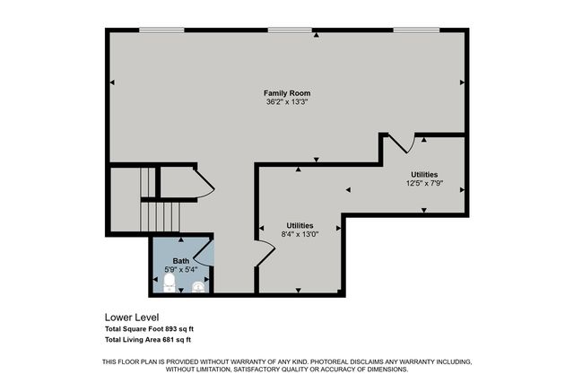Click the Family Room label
click(x=287, y=93)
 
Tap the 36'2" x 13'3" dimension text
click(x=287, y=102)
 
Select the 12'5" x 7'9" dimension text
click(x=424, y=183)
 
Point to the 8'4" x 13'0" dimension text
click(x=300, y=234)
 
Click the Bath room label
click(x=181, y=260)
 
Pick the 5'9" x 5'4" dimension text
click(x=181, y=269)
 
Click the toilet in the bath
click(x=169, y=283)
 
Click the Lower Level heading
click(x=133, y=318)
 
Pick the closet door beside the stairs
click(x=204, y=187)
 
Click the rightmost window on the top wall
click(x=413, y=31)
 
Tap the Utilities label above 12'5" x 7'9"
click(x=424, y=174)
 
